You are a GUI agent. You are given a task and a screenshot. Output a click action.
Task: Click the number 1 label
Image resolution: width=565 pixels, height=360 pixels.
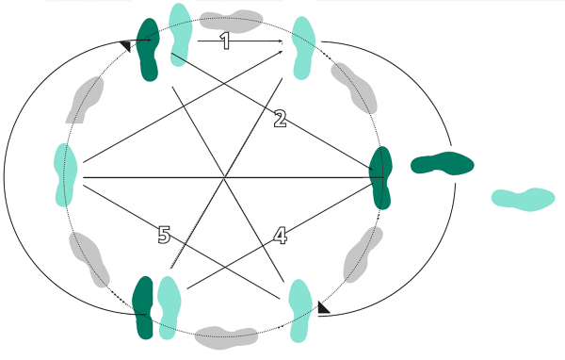[224, 41]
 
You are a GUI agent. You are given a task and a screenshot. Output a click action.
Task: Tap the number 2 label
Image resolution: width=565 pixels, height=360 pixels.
[280, 119]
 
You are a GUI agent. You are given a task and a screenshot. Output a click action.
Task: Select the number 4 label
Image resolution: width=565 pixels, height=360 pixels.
[280, 236]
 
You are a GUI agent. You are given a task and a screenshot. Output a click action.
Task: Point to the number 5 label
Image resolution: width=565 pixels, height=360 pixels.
[165, 236]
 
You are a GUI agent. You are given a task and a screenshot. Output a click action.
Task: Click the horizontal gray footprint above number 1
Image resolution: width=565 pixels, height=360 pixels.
[232, 18]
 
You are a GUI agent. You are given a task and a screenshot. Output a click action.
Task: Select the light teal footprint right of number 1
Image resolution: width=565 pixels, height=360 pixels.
[304, 46]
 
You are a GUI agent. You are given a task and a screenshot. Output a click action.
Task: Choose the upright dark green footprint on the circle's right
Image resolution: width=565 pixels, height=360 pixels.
[380, 177]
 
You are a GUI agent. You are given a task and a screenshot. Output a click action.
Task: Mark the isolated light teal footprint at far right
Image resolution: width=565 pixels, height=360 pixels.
[524, 198]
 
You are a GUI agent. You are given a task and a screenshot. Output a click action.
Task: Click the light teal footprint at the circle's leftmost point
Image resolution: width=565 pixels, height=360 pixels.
[63, 174]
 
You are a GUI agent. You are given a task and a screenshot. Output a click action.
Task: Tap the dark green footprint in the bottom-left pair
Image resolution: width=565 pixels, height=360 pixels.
[143, 307]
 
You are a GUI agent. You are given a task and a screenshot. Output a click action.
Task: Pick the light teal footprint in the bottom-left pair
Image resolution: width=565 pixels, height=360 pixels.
[168, 307]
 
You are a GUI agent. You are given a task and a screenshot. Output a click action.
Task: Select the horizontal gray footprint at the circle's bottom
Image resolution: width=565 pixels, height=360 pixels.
[227, 336]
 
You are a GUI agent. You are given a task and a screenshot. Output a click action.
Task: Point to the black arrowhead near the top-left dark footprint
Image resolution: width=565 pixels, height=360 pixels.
[127, 44]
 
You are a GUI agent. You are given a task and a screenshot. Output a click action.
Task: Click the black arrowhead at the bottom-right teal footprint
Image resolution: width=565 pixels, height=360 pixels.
[323, 307]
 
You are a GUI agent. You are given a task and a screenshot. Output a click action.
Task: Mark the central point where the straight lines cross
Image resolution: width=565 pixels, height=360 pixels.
[223, 176]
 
